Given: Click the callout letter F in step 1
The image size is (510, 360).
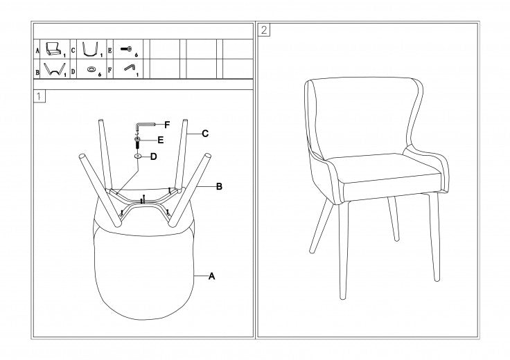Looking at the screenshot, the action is coord(167,125).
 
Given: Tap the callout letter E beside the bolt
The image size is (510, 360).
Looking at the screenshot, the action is coord(160,140).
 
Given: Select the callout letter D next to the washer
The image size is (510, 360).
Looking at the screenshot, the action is coord(154,156).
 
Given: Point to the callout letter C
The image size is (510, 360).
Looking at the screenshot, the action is coord(205,134).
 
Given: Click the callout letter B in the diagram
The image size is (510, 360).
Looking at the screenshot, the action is coord(219,186).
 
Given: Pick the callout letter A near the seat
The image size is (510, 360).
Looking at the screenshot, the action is coord(212,276).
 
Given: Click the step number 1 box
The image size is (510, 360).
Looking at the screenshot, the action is coord(39,96).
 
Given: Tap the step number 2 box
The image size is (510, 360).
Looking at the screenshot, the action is coord(264,30).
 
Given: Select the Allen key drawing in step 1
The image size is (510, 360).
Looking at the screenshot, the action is coord(144,125).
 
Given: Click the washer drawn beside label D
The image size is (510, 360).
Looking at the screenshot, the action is coord(138,156).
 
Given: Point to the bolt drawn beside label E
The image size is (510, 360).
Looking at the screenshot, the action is coord(137,143).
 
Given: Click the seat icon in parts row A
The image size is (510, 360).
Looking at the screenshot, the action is coord(53,48).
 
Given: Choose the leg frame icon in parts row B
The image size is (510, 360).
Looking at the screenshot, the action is coord(55,69).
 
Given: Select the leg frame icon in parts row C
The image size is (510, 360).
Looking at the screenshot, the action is coord(90,48).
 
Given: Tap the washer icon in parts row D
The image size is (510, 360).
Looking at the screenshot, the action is coord(91,69).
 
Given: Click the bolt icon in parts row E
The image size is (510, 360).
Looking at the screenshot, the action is coord(126,49).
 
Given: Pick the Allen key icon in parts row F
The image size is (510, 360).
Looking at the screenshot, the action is coord(130,68).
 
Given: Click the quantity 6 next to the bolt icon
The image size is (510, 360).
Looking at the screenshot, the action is coord(137,55).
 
